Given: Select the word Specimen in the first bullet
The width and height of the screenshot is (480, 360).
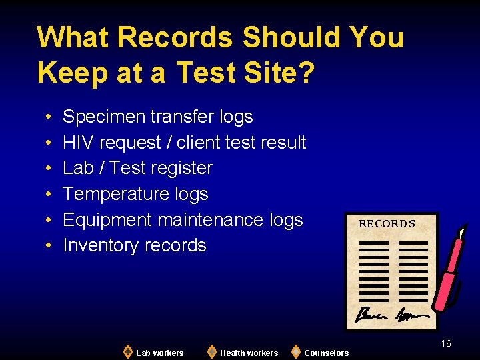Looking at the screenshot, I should point(104,117).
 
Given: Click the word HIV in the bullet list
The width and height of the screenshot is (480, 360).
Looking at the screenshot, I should point(79,143).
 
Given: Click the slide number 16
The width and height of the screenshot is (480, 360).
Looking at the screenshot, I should point(445,343).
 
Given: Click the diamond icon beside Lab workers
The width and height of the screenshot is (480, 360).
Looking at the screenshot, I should point(127,351).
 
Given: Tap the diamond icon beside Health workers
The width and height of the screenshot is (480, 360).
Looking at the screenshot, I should point(211,351).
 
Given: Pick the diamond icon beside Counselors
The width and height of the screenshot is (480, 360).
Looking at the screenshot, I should point(295,351).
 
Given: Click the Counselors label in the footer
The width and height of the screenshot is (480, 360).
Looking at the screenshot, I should point(326,353).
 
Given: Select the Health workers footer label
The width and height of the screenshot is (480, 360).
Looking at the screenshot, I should point(249,353).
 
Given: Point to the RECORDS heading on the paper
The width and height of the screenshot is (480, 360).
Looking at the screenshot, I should point(387,224).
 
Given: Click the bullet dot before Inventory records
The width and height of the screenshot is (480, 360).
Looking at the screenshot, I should point(50,246).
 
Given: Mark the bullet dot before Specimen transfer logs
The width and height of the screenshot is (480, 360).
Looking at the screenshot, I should point(50,118).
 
